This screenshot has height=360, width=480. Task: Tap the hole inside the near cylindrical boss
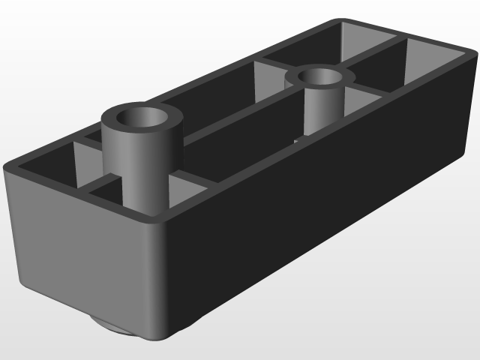click(144, 118)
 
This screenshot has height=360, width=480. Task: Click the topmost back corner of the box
click(341, 20)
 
